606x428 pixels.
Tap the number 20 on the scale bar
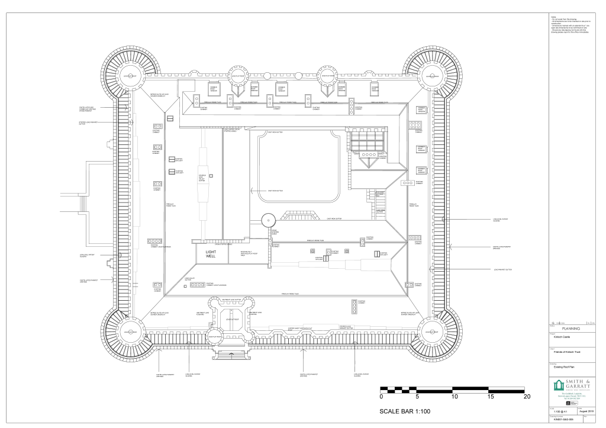tap(527, 397)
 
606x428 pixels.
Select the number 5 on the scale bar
tap(417, 397)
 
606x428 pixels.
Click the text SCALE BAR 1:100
tap(405, 411)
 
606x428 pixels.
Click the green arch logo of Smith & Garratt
tap(558, 387)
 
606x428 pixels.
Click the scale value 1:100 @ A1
tap(560, 410)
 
